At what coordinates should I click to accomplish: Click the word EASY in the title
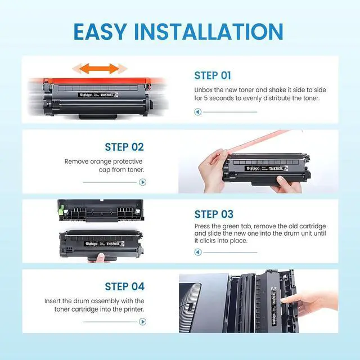tap(100, 31)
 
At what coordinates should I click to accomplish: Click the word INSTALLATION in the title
tap(209, 31)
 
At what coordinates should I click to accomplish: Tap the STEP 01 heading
tap(213, 75)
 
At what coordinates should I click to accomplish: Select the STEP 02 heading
tap(124, 147)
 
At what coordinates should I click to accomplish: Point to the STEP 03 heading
tap(214, 214)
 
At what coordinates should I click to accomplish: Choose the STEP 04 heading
tap(125, 286)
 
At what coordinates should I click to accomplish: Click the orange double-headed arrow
tap(100, 69)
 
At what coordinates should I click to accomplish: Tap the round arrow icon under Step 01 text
tap(197, 112)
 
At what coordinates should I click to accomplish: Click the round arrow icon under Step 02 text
tap(142, 182)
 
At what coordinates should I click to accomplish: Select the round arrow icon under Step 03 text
tap(197, 252)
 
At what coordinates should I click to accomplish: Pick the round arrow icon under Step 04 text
tap(142, 322)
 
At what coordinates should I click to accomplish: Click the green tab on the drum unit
tap(61, 209)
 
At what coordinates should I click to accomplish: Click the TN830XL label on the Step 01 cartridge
tap(107, 95)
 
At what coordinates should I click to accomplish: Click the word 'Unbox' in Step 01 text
tap(204, 90)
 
